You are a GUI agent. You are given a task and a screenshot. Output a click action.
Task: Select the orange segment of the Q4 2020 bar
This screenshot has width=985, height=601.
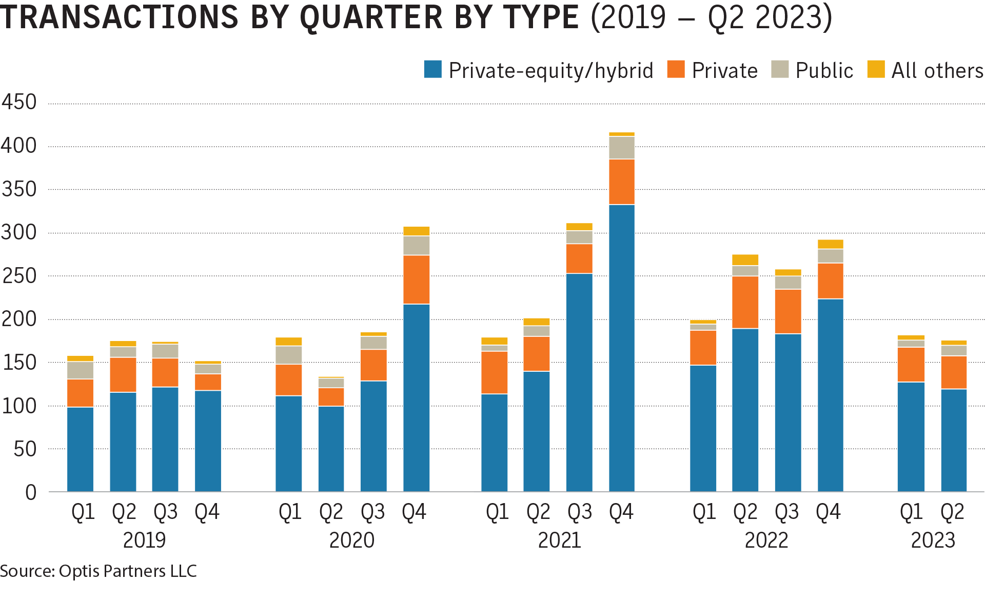pyautogui.click(x=416, y=279)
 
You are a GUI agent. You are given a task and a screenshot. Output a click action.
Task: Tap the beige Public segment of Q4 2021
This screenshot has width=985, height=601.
pyautogui.click(x=622, y=148)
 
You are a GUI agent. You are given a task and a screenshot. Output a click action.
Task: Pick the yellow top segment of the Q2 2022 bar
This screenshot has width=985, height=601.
pyautogui.click(x=745, y=260)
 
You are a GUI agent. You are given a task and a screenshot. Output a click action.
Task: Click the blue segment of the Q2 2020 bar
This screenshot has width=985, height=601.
pyautogui.click(x=331, y=449)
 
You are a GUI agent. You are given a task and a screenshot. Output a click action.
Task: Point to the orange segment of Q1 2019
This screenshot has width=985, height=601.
pyautogui.click(x=80, y=393)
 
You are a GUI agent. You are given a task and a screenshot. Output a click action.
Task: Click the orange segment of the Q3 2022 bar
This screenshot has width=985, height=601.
pyautogui.click(x=788, y=311)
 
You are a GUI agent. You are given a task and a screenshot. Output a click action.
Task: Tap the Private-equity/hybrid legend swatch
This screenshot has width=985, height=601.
pyautogui.click(x=432, y=69)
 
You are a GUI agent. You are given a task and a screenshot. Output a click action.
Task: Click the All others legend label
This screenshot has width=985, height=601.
pyautogui.click(x=937, y=71)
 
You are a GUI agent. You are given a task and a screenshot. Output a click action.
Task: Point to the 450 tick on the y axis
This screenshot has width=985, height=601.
pyautogui.click(x=19, y=102)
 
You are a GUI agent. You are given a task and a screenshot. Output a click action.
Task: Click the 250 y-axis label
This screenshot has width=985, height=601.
pyautogui.click(x=19, y=276)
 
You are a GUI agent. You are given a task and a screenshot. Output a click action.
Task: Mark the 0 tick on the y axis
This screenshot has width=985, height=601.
pyautogui.click(x=31, y=493)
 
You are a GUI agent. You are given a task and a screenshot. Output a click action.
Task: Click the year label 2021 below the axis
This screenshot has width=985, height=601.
pyautogui.click(x=559, y=540)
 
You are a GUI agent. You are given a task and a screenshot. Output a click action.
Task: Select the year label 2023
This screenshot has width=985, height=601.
pyautogui.click(x=933, y=540)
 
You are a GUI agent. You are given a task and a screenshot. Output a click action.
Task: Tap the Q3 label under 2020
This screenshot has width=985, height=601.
pyautogui.click(x=372, y=512)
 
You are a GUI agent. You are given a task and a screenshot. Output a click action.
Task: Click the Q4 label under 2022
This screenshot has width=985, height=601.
pyautogui.click(x=828, y=512)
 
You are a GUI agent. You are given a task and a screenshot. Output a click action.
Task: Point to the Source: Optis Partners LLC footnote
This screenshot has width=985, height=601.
pyautogui.click(x=98, y=571)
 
